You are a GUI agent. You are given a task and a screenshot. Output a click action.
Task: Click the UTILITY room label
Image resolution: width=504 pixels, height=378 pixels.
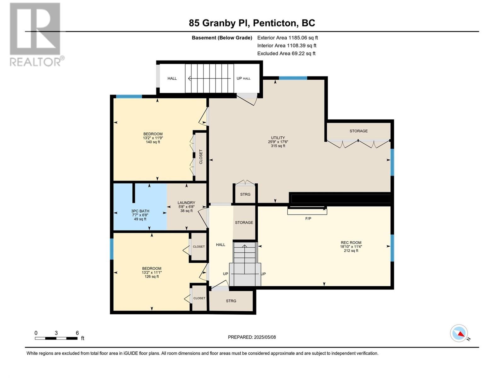point(278,138)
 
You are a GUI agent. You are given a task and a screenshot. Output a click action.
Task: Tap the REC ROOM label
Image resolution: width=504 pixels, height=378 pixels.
point(351,243)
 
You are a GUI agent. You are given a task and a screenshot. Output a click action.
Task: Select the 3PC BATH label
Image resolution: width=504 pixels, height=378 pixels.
point(140,211)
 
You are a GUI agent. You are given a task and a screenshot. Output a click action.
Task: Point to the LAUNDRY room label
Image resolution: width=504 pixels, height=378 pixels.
point(186,203)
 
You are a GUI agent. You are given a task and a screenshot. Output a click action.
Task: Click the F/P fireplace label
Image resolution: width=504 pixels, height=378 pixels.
point(308,219)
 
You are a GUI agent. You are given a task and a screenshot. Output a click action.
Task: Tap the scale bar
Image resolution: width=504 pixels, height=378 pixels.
point(56,338)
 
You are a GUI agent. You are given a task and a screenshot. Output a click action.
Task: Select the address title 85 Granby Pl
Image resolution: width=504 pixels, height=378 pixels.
point(219,23)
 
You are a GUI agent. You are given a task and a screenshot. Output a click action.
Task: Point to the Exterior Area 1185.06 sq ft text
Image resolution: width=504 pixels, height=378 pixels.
point(288,38)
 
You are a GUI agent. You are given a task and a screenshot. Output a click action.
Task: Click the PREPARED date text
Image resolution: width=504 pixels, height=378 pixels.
point(252,337)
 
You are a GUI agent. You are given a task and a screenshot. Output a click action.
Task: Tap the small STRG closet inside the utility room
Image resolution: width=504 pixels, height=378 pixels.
point(245,194)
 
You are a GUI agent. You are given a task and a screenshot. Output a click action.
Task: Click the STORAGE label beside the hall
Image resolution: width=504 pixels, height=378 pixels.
point(244,223)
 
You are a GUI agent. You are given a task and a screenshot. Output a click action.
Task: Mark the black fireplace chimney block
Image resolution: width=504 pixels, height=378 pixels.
point(340,198)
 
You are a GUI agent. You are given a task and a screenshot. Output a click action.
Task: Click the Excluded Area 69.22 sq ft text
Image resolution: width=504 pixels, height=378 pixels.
point(286,54)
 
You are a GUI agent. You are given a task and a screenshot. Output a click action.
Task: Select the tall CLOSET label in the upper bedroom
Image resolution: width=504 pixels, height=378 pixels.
point(201,157)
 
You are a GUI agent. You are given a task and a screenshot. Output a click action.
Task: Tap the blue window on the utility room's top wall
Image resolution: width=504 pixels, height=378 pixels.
point(293,78)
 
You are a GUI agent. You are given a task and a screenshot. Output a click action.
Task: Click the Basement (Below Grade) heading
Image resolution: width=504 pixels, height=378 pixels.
point(222,38)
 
